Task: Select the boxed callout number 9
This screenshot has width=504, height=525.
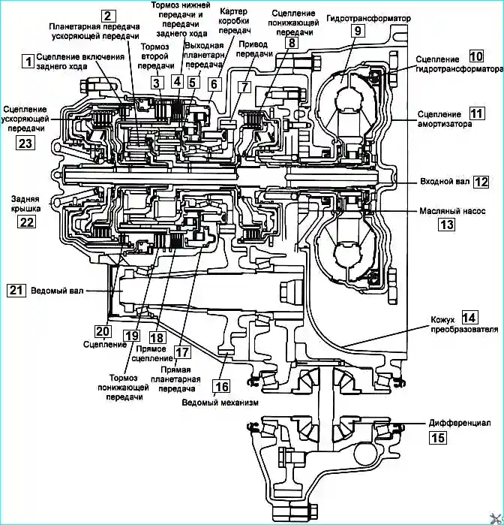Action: pyautogui.click(x=358, y=31)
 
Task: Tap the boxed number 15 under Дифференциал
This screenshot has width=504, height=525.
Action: pyautogui.click(x=437, y=437)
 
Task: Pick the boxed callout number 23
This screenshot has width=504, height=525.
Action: pyautogui.click(x=25, y=143)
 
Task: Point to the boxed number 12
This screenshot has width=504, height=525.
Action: pyautogui.click(x=481, y=183)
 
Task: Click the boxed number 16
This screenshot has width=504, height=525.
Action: pyautogui.click(x=221, y=386)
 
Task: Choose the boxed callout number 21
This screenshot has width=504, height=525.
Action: pyautogui.click(x=16, y=290)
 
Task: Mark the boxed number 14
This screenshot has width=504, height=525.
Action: pyautogui.click(x=469, y=318)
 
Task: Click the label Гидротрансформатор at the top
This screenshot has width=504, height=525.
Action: pyautogui.click(x=368, y=18)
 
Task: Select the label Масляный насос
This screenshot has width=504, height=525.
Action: pyautogui.click(x=452, y=211)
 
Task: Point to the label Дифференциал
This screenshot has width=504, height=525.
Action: pyautogui.click(x=460, y=423)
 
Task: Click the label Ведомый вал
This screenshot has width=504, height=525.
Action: pyautogui.click(x=57, y=291)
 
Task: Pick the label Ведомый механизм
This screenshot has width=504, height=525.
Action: pyautogui.click(x=220, y=402)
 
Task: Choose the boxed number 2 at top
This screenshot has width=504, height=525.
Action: pyautogui.click(x=108, y=16)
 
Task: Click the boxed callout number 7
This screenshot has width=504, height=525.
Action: pyautogui.click(x=244, y=86)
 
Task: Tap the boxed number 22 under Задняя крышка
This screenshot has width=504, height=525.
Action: pyautogui.click(x=26, y=222)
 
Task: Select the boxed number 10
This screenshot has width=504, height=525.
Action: pyautogui.click(x=476, y=56)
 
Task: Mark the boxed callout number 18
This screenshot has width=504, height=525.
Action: pyautogui.click(x=157, y=337)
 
